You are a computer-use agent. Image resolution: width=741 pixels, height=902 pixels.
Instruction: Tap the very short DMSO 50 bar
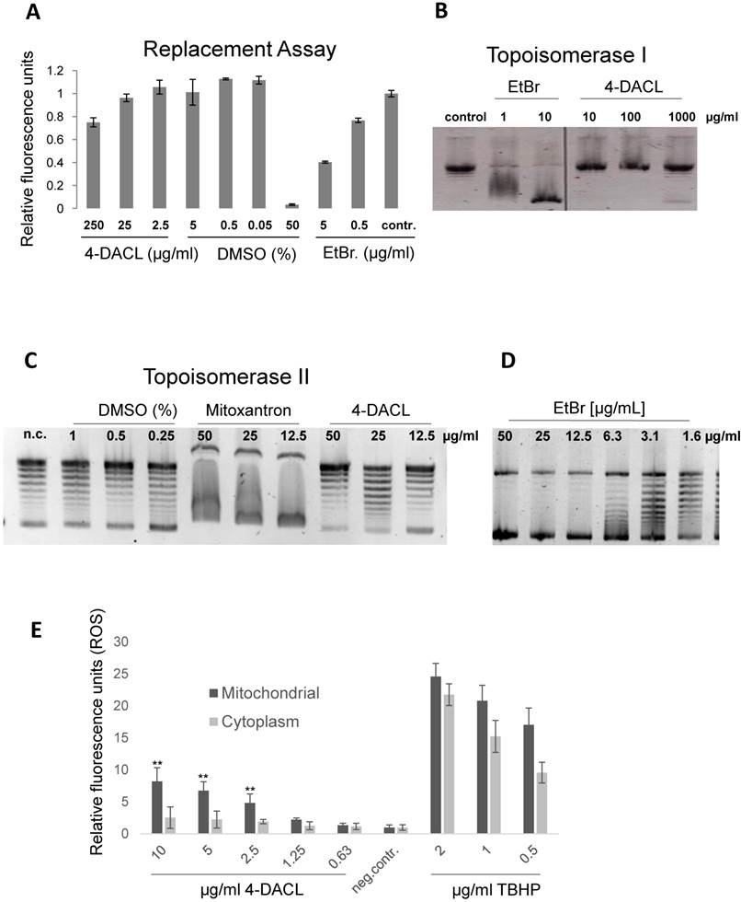[292, 205]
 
